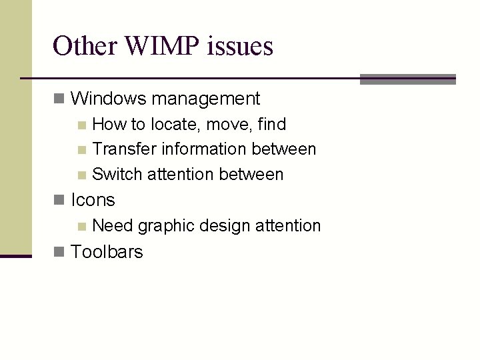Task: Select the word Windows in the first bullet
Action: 108,99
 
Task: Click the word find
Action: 271,124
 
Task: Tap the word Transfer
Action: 117,149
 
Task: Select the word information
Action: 197,149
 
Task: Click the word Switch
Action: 117,175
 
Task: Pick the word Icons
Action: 93,200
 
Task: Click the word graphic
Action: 164,226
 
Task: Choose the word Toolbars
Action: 107,251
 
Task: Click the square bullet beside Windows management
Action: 59,99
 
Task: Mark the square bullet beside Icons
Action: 59,200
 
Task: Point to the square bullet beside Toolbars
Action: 59,251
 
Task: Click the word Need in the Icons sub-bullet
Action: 113,226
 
